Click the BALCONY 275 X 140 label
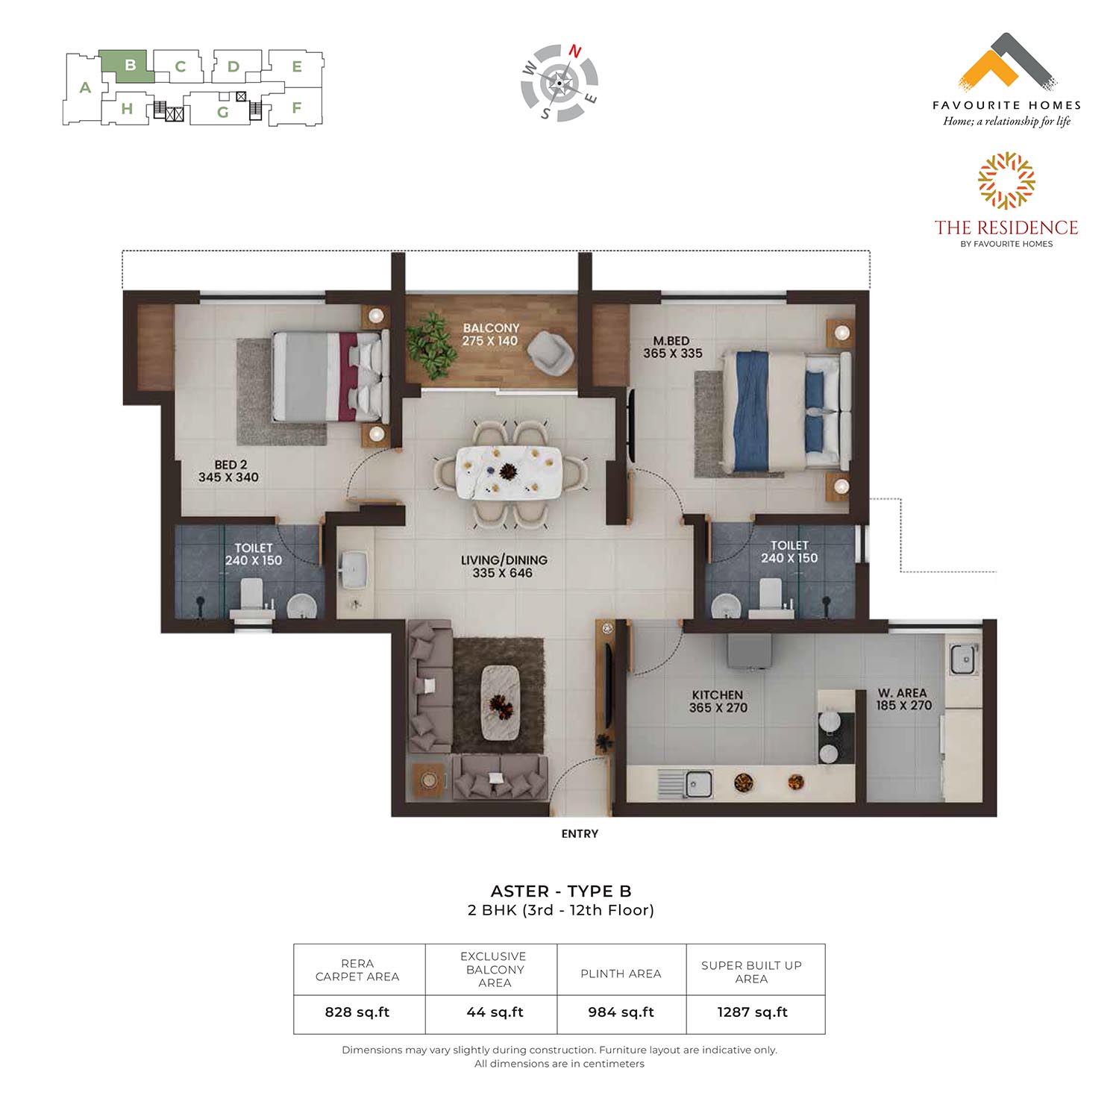tap(490, 334)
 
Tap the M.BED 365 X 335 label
tap(672, 347)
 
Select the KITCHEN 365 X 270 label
tap(718, 701)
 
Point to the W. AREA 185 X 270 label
tap(903, 699)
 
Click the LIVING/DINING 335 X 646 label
tap(504, 566)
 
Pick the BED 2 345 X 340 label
tap(229, 471)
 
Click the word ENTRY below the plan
tap(580, 833)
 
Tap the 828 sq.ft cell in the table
tap(357, 1012)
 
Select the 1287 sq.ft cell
tap(753, 1012)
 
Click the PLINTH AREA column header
tap(621, 974)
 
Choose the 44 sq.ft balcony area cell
tap(495, 1012)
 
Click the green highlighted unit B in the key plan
tap(128, 66)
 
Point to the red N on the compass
tap(575, 51)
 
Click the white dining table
tap(509, 471)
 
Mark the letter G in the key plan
tap(222, 113)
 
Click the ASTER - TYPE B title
tap(561, 891)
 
